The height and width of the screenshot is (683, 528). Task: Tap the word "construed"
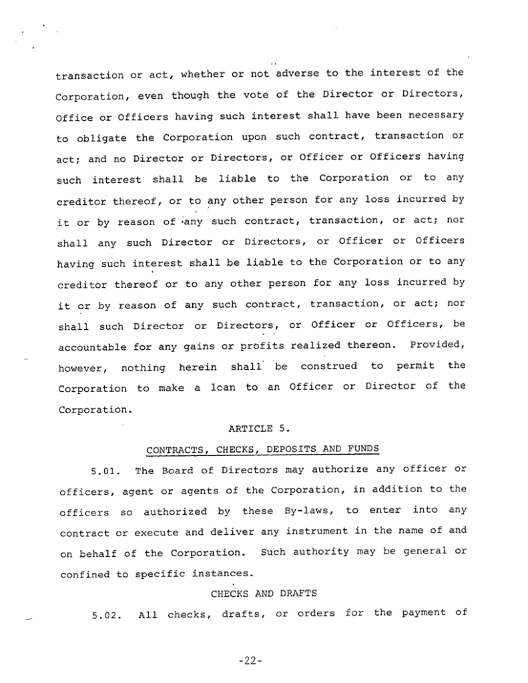[329, 367]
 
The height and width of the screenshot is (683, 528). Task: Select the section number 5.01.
[105, 471]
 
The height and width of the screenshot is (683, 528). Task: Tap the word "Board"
[175, 471]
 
